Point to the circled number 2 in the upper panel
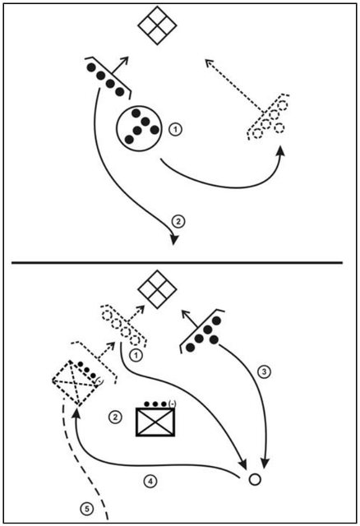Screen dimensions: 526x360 click(179, 220)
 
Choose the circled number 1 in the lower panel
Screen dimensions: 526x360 click(137, 354)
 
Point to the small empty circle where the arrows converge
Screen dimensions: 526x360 click(254, 478)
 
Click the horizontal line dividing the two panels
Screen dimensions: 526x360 click(180, 262)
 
